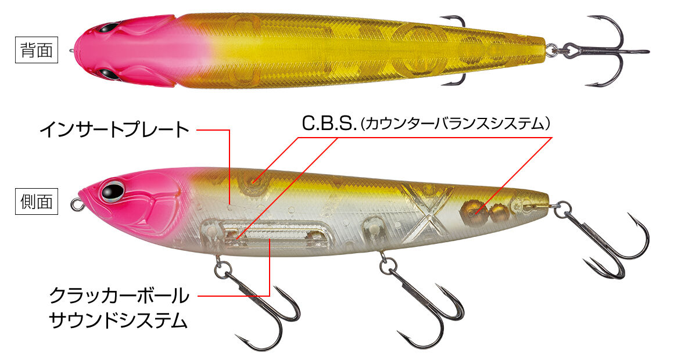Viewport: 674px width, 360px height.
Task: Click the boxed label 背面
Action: click(37, 51)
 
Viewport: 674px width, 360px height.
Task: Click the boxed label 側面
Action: click(37, 201)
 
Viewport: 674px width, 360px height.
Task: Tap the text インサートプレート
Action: click(114, 129)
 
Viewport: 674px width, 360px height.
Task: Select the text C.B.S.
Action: click(329, 124)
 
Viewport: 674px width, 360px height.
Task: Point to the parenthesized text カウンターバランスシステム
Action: click(456, 124)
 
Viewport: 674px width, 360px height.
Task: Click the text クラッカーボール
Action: click(119, 296)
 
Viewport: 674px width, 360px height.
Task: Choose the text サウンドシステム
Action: click(119, 321)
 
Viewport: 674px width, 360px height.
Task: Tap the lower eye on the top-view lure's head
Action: click(107, 74)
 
